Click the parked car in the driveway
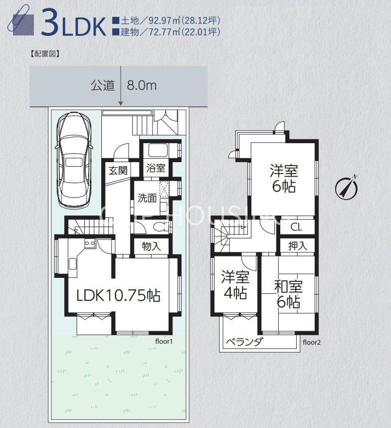(x=74, y=161)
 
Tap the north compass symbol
(x=347, y=187)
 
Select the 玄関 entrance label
(x=118, y=171)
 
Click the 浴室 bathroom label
(x=156, y=168)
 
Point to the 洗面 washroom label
(x=147, y=198)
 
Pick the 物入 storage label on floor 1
(x=151, y=246)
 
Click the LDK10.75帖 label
(x=118, y=295)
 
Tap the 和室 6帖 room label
(x=288, y=294)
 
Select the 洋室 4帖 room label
(x=235, y=284)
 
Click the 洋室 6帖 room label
(x=284, y=178)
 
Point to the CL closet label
(x=296, y=227)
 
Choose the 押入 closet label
(x=298, y=246)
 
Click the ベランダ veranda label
(x=245, y=342)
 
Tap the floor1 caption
(x=164, y=341)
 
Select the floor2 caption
(x=312, y=342)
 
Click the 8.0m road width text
(x=142, y=85)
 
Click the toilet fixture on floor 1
(x=161, y=227)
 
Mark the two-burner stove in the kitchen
(x=89, y=243)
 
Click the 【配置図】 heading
(x=45, y=53)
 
